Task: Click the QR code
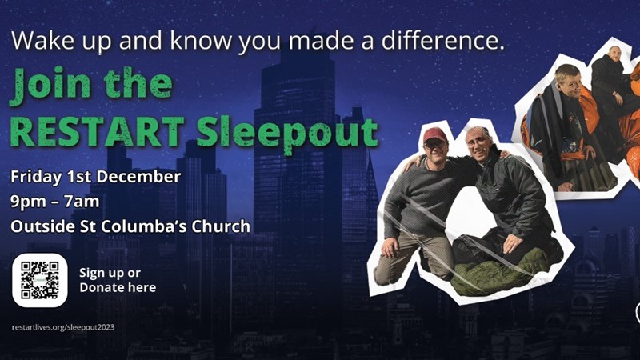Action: pyautogui.click(x=39, y=281)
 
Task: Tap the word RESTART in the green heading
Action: pyautogui.click(x=97, y=132)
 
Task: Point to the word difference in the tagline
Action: pyautogui.click(x=443, y=41)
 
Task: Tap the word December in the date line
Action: pyautogui.click(x=138, y=177)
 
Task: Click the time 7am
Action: pyautogui.click(x=82, y=202)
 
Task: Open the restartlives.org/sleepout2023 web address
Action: pyautogui.click(x=63, y=327)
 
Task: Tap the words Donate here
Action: pyautogui.click(x=118, y=287)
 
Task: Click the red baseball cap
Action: pyautogui.click(x=434, y=134)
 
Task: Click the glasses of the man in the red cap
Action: pyautogui.click(x=435, y=144)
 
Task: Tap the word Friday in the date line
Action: pyautogui.click(x=36, y=178)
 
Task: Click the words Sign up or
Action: pyautogui.click(x=110, y=273)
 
